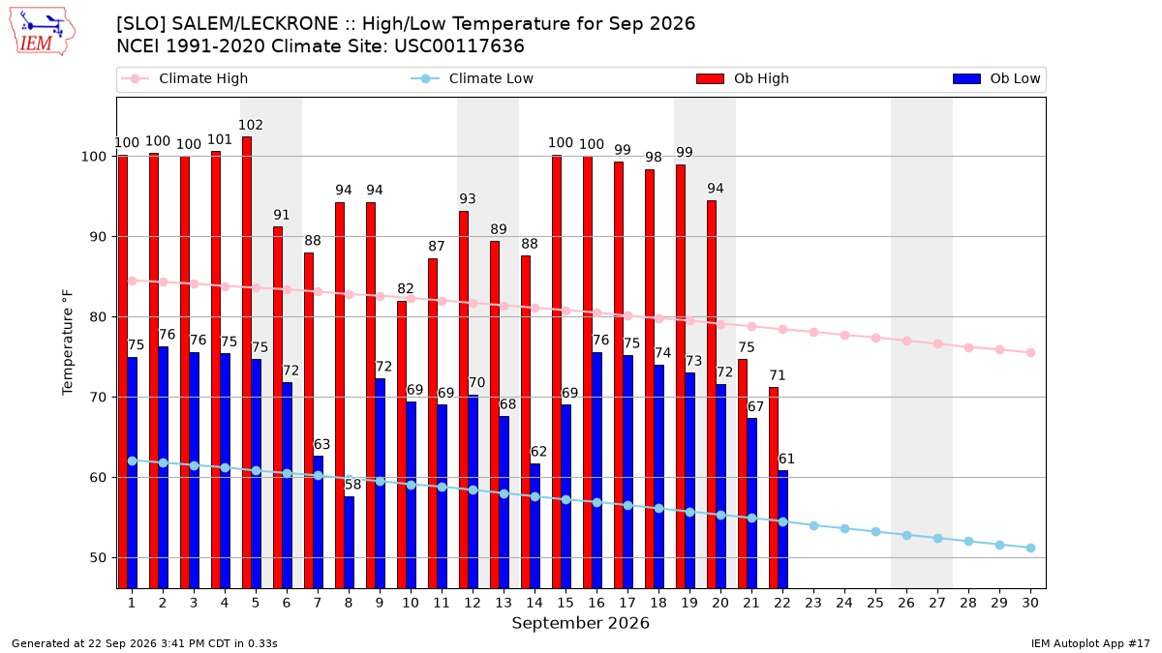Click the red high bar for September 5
point(247,362)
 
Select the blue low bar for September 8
point(350,543)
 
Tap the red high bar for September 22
point(774,488)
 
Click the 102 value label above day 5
point(251,125)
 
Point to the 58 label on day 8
point(352,485)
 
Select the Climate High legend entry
point(185,78)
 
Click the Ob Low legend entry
point(996,78)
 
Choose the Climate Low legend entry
point(473,78)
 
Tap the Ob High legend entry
point(743,78)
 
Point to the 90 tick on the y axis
point(98,237)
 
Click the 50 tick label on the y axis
point(98,558)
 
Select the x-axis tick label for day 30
point(1030,603)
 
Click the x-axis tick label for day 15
point(566,603)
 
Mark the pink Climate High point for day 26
point(906,341)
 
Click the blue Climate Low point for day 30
point(1030,548)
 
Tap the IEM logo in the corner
point(43,32)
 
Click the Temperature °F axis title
point(68,342)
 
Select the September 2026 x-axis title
point(580,623)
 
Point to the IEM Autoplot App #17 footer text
point(1090,643)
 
